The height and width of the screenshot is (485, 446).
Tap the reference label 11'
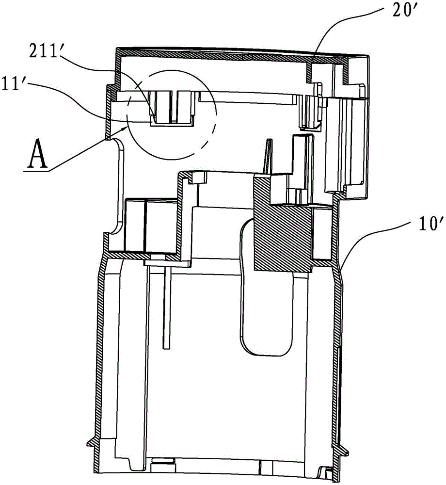14,83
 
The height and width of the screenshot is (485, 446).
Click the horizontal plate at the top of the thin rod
167,263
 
